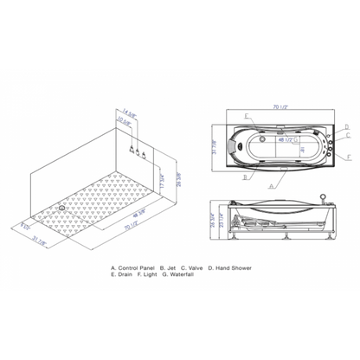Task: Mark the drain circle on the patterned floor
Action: coord(63,207)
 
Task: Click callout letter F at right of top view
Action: coord(347,157)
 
